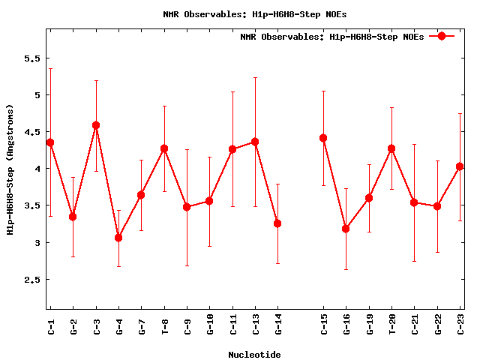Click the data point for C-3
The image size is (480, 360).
tap(96, 125)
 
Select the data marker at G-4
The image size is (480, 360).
tap(118, 238)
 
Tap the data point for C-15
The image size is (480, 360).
tap(323, 138)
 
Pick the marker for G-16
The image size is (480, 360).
tap(346, 229)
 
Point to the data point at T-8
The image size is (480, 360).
tap(164, 148)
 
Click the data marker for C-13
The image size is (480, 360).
tap(255, 142)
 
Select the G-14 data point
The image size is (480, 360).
tap(277, 223)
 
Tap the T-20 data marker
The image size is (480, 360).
tap(391, 148)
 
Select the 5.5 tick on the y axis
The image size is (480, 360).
tap(29, 58)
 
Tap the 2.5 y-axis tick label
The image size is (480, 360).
tap(29, 280)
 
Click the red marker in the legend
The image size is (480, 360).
tap(442, 36)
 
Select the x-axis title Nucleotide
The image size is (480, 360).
tap(255, 355)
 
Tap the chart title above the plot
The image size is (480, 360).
tap(255, 13)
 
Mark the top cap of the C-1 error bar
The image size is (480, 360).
tap(50, 69)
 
